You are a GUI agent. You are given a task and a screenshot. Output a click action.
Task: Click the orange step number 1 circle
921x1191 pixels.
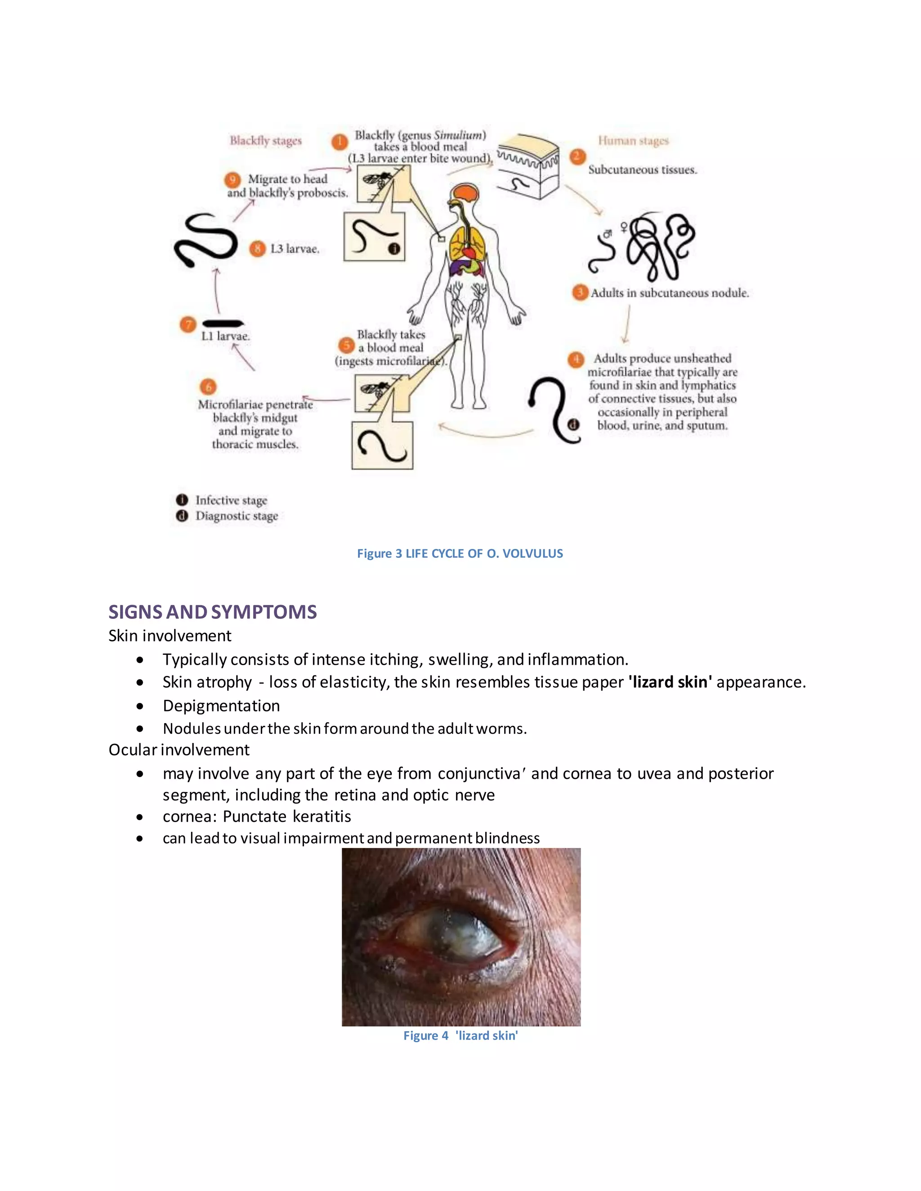[340, 142]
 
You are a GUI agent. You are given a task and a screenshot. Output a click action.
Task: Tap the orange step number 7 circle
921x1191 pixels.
[188, 325]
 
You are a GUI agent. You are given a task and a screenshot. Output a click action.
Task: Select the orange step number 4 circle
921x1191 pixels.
[576, 360]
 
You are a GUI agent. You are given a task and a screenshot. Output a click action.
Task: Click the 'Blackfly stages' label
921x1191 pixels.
[265, 141]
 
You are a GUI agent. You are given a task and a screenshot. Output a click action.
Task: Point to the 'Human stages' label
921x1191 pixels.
[633, 141]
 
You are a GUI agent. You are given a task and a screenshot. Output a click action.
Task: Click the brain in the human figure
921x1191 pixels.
[466, 193]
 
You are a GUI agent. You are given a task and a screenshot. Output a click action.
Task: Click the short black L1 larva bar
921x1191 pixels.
[223, 324]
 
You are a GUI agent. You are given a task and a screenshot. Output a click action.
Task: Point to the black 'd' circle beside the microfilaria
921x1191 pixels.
[573, 425]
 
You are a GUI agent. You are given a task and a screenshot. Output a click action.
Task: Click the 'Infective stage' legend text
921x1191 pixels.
[231, 500]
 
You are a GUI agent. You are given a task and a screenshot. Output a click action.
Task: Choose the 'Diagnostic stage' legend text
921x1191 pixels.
[237, 516]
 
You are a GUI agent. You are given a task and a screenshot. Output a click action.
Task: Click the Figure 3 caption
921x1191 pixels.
[460, 554]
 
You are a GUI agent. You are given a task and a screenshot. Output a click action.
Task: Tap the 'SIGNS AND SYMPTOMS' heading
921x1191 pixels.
[212, 612]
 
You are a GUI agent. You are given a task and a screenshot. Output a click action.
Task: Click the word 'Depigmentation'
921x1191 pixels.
[221, 706]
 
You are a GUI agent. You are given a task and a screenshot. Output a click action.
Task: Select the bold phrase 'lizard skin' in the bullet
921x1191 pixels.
[670, 682]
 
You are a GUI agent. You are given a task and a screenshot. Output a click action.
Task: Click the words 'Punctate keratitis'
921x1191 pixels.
[287, 816]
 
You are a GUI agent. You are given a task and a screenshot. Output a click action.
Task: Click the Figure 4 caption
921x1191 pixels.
[460, 1035]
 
